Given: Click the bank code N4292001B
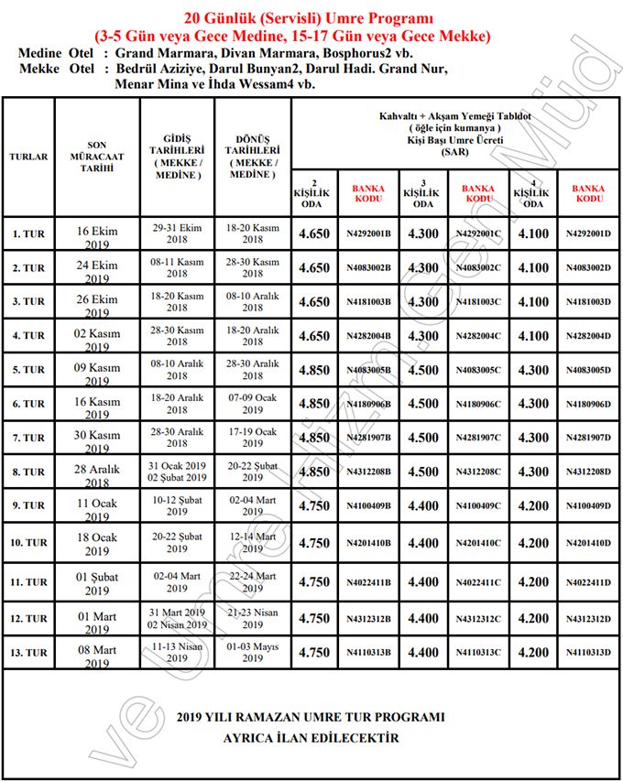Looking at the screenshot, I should [x=368, y=233].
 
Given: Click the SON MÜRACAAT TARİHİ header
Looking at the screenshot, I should [x=96, y=157].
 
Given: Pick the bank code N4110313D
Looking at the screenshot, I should [x=588, y=653].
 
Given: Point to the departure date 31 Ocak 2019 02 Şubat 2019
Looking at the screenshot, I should [x=177, y=472].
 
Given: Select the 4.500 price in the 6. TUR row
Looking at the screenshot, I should [x=422, y=404].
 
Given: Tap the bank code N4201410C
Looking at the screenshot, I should [x=478, y=543].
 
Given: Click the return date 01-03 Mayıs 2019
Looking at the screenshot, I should [x=252, y=652].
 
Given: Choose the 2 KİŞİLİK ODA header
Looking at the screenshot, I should [x=313, y=193].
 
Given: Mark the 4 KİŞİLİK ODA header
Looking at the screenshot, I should [x=533, y=193].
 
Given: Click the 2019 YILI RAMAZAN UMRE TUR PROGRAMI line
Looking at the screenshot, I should [x=311, y=717].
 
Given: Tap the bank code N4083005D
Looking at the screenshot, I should [x=588, y=370].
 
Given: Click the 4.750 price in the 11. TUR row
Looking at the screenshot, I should [x=313, y=581].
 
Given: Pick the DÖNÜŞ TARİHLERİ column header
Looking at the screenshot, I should [x=252, y=157].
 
